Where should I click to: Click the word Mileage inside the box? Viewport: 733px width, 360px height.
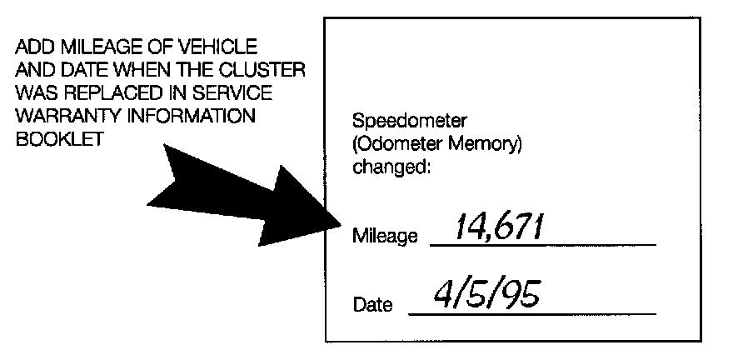[385, 237]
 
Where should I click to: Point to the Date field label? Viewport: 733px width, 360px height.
[372, 305]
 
